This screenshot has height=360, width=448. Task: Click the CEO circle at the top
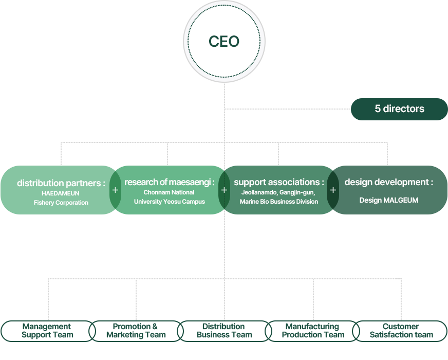click(224, 42)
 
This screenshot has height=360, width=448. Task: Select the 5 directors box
click(399, 109)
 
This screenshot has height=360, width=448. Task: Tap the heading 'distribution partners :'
click(61, 183)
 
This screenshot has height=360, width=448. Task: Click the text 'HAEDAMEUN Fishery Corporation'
click(61, 198)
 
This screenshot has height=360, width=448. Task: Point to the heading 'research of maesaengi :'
click(169, 182)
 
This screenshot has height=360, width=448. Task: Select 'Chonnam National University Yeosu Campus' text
click(169, 197)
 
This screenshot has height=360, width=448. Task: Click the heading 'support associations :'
click(279, 182)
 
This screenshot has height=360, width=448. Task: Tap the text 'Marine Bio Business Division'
click(279, 202)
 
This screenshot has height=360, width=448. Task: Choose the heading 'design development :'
click(389, 182)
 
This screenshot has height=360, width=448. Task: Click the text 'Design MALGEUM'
click(389, 200)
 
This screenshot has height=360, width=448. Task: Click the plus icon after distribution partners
click(115, 190)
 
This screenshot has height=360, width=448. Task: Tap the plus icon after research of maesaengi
click(224, 190)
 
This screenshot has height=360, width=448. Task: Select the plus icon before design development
click(333, 190)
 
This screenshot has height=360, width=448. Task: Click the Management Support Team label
click(48, 331)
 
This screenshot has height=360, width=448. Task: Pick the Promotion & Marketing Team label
click(136, 331)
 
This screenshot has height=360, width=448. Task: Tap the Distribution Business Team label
click(224, 331)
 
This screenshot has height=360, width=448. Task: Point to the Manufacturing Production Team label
click(312, 331)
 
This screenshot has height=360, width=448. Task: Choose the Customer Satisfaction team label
click(400, 331)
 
